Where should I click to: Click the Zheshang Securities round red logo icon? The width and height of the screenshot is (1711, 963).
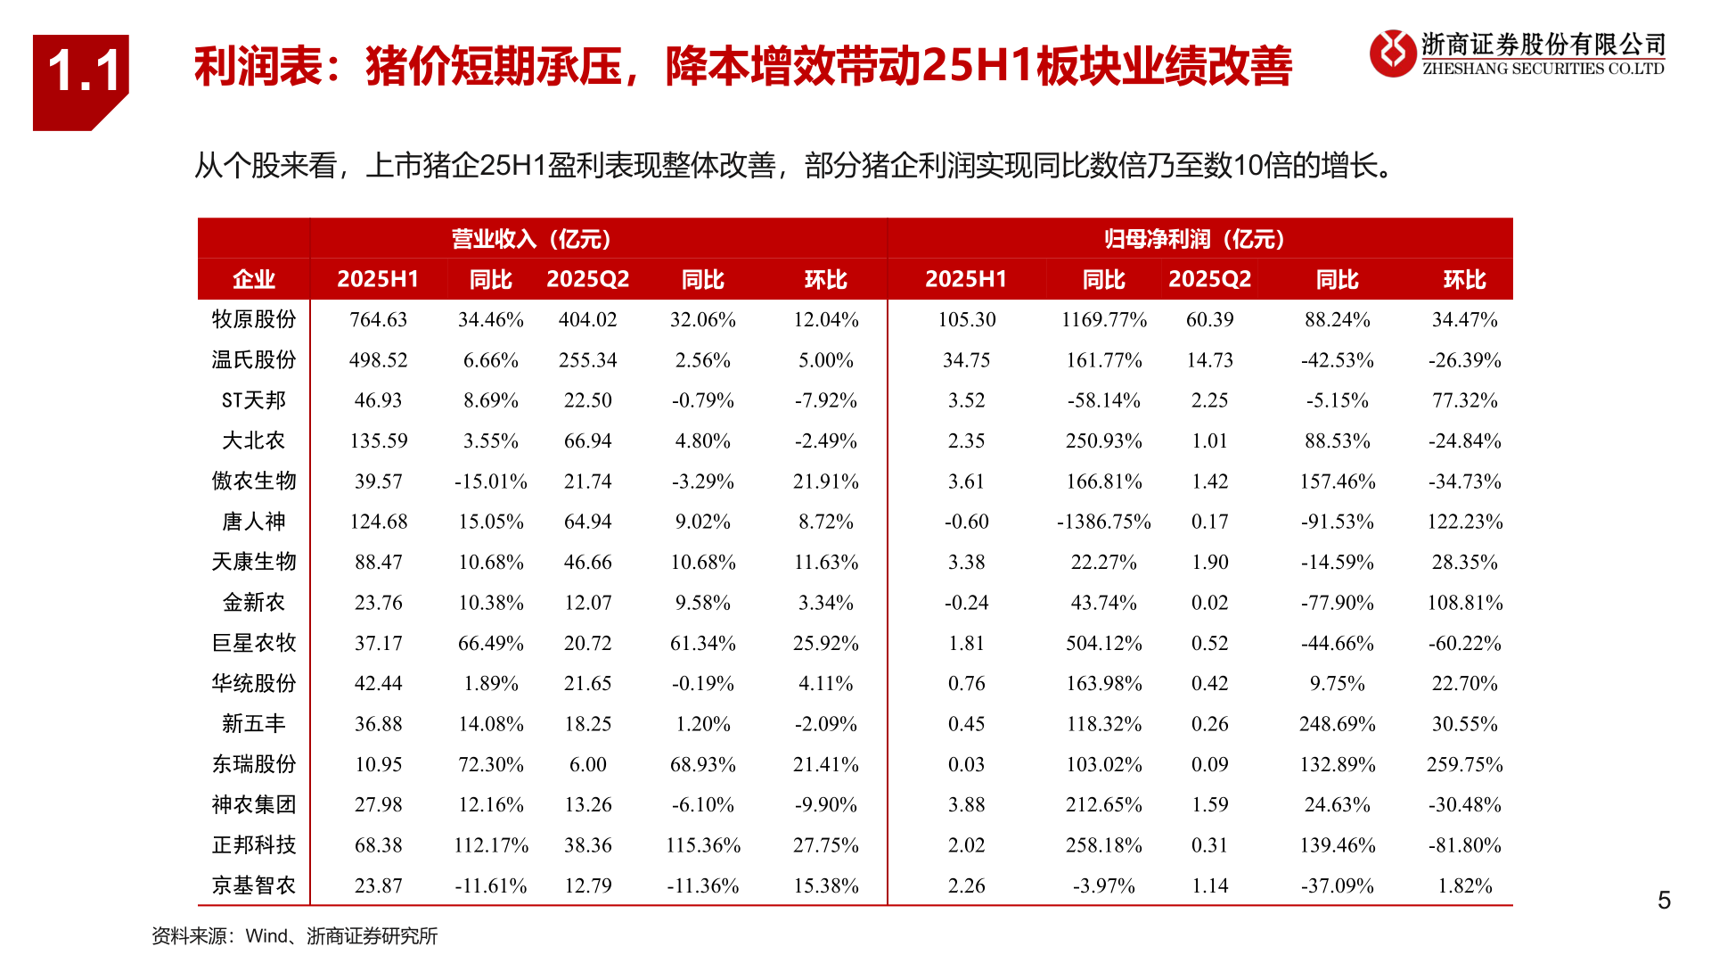[x=1392, y=53]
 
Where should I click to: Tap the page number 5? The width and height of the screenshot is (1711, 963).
[x=1664, y=901]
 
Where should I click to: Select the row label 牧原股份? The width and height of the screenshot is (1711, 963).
[x=254, y=319]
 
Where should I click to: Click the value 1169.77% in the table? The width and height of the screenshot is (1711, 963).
[x=1103, y=319]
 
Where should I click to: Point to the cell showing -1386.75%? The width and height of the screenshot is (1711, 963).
[x=1103, y=522]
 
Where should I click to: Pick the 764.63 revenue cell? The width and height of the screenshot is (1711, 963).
[x=378, y=319]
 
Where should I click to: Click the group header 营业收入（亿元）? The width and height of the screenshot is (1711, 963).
[x=531, y=239]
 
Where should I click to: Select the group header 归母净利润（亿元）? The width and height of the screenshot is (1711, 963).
[x=1194, y=239]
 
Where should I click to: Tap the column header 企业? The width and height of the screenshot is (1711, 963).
[x=254, y=279]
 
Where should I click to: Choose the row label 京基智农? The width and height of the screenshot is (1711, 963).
[x=254, y=885]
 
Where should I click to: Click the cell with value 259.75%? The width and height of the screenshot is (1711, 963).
[x=1464, y=764]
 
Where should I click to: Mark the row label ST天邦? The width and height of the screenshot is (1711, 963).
[x=254, y=400]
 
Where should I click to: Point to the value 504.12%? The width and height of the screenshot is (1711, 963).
[x=1103, y=643]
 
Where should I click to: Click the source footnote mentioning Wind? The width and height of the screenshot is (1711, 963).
[x=295, y=936]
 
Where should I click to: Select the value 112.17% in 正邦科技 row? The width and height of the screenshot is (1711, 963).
[x=491, y=844]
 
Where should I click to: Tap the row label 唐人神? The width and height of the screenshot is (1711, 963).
[x=254, y=522]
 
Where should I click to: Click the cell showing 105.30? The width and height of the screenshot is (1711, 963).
[x=966, y=319]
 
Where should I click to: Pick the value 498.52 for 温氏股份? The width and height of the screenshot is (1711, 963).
[x=378, y=360]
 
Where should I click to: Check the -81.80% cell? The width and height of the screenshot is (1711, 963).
[x=1464, y=844]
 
